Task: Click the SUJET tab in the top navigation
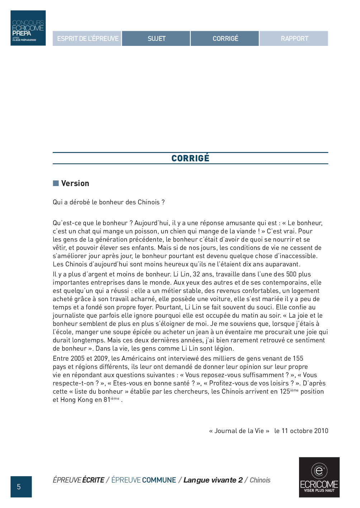click(x=156, y=39)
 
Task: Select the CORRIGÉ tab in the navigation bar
click(x=225, y=39)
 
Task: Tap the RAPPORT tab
click(x=294, y=39)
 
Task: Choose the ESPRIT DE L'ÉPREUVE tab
click(x=87, y=39)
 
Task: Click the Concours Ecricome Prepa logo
click(x=28, y=28)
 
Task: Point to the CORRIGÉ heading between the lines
click(x=190, y=158)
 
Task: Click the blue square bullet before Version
click(x=56, y=184)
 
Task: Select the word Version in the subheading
click(x=75, y=184)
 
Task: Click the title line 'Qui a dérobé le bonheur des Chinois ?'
click(x=109, y=202)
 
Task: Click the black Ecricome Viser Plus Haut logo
click(x=319, y=477)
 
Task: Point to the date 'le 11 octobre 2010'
click(x=301, y=431)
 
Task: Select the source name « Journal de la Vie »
click(x=239, y=431)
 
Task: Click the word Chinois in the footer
click(x=260, y=480)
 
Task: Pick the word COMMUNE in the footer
click(x=159, y=480)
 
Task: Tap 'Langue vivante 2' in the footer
click(x=213, y=480)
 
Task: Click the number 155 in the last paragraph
click(x=298, y=359)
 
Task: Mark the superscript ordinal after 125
click(x=294, y=390)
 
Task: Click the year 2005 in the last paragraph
click(x=77, y=359)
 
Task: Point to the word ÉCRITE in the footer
click(x=93, y=480)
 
